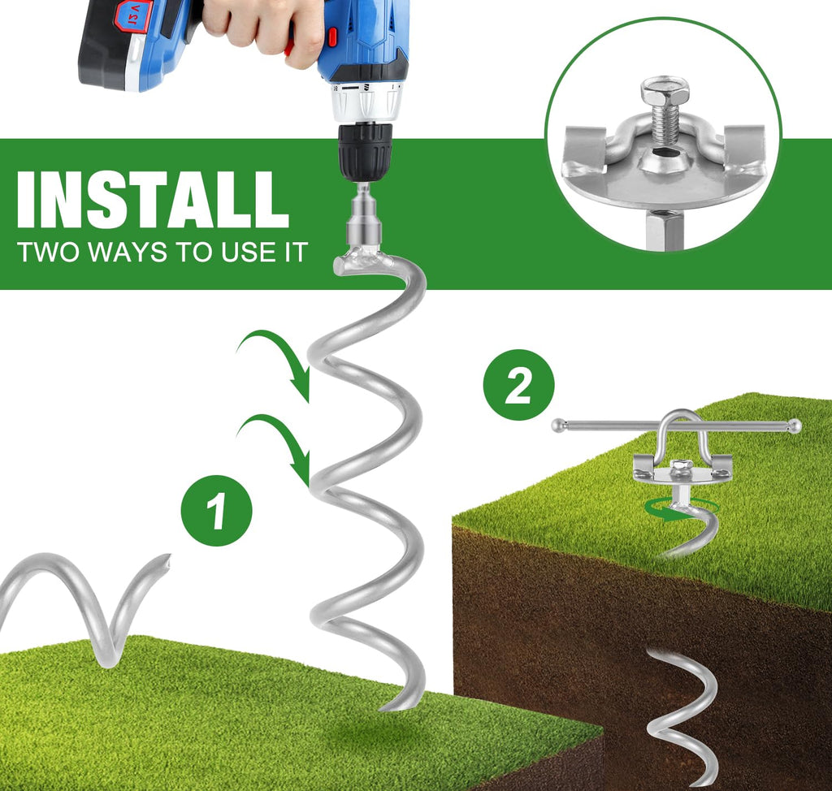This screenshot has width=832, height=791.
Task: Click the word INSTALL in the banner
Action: [x=153, y=200]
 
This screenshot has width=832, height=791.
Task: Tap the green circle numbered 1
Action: [x=216, y=510]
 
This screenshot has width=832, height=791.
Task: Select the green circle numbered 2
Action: [x=518, y=385]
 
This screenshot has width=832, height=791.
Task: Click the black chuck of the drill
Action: [x=366, y=150]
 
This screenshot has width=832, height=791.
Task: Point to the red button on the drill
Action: [x=332, y=36]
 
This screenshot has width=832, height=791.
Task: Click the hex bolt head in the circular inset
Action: [x=665, y=92]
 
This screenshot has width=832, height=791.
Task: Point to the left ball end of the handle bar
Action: [x=558, y=425]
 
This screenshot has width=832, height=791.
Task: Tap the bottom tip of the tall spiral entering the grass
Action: [x=383, y=708]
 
